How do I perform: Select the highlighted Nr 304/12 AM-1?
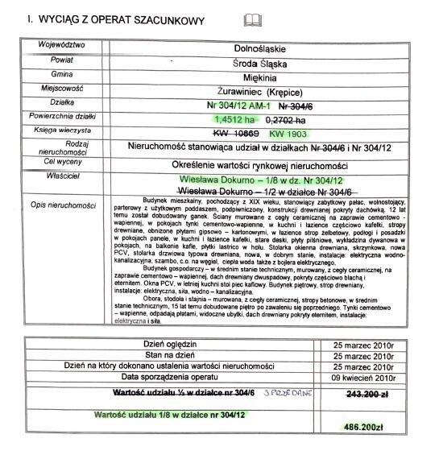(x=238, y=105)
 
